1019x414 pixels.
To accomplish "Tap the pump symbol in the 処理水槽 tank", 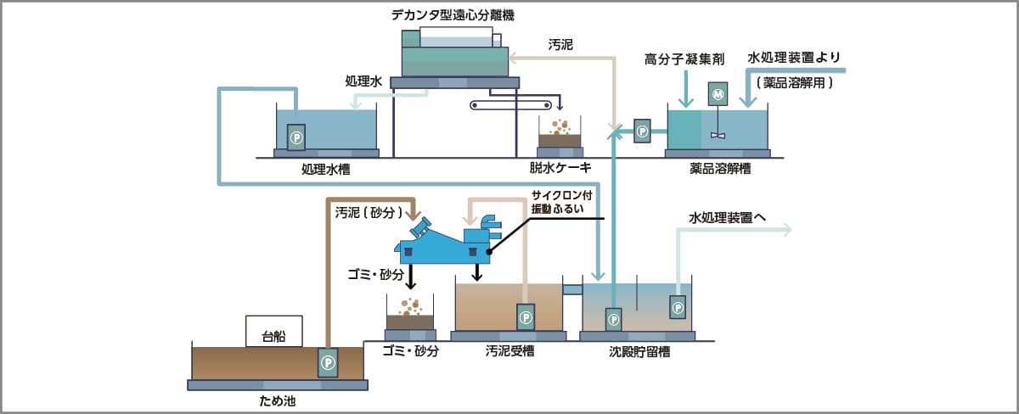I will (296, 137).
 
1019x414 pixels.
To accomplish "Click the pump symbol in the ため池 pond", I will (327, 362).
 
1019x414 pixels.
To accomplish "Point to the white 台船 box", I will (273, 331).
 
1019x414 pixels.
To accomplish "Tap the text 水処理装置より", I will (794, 58).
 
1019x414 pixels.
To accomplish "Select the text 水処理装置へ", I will (728, 218).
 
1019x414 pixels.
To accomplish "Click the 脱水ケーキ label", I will (560, 168).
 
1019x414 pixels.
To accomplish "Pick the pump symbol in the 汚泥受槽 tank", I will (525, 317).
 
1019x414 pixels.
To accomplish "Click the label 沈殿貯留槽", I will (639, 351).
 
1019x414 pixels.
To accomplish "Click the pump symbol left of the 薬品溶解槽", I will (642, 131).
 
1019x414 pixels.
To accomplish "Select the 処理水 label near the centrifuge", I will (363, 81).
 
